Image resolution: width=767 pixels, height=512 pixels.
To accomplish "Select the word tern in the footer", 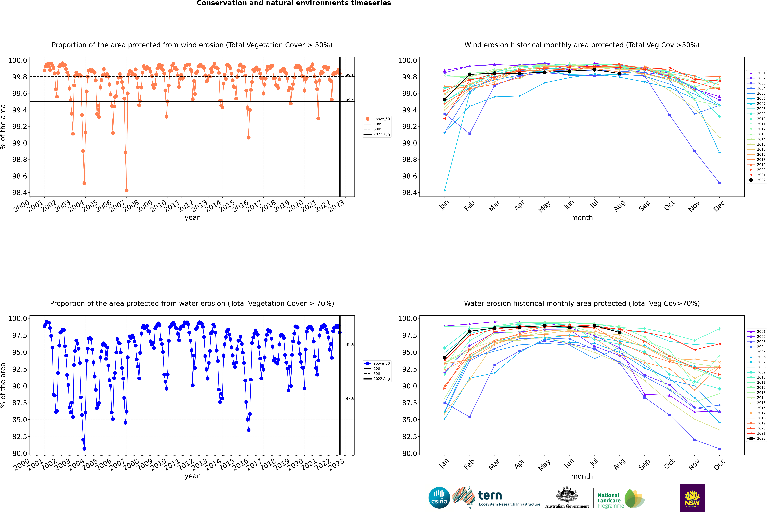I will tap(490, 495).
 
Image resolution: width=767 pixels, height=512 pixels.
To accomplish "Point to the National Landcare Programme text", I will tap(609, 500).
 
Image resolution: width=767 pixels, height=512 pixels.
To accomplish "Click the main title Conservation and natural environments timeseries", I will tap(294, 3).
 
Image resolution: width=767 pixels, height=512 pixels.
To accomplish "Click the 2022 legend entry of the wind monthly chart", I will tap(758, 180).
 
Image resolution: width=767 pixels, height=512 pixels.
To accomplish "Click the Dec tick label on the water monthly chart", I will tap(719, 464).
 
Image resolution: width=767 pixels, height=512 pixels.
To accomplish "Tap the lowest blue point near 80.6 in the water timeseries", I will tap(84, 449).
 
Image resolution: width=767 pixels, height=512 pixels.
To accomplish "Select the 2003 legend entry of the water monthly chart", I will tap(758, 342).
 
